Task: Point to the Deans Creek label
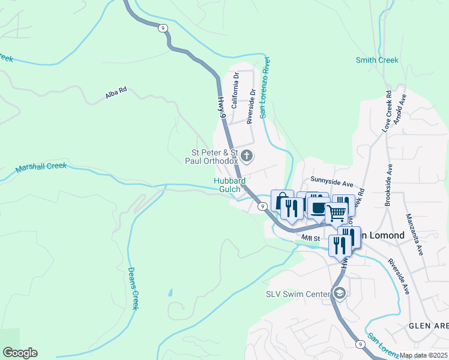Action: [133, 288]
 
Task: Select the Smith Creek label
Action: [377, 60]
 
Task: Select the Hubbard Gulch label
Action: [228, 185]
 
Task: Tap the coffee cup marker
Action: [318, 208]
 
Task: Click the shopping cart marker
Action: [336, 212]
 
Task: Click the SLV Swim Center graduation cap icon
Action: [340, 293]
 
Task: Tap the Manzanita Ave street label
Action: [414, 234]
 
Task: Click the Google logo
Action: [20, 353]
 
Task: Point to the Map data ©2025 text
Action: [423, 355]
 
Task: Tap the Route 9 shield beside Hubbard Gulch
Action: [263, 206]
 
